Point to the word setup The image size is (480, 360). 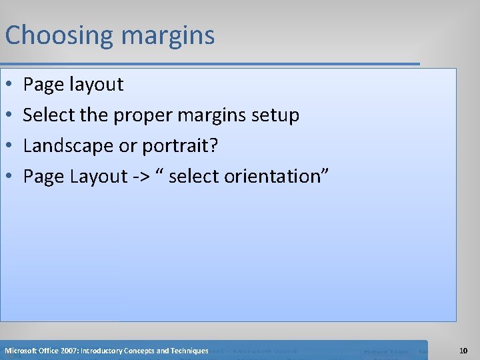tap(275, 115)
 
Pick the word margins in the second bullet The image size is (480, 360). tap(214, 115)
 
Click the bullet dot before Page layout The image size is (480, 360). tap(9, 85)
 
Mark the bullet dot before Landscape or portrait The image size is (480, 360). tap(9, 146)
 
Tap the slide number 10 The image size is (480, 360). tap(463, 351)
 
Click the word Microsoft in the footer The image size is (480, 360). tap(21, 351)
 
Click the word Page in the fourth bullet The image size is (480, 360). tap(41, 177)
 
